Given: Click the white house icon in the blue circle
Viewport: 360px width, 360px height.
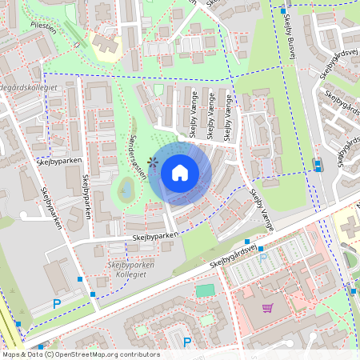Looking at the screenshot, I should [x=180, y=172].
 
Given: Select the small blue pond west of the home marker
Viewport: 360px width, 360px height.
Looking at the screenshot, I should [x=126, y=189].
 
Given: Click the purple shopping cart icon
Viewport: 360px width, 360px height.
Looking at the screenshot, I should [x=266, y=307].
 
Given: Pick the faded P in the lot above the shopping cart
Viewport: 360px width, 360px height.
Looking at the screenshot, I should [x=263, y=258].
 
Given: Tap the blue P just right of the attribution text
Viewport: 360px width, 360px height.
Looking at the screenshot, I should [x=187, y=342].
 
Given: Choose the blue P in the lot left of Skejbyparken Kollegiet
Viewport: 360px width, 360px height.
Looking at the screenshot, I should [x=56, y=303].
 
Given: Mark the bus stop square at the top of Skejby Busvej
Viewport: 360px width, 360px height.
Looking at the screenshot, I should [x=283, y=11].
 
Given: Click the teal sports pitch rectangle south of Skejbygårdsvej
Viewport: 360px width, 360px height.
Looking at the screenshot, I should [x=206, y=290].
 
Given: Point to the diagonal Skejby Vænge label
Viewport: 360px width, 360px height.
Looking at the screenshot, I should [x=261, y=211].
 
